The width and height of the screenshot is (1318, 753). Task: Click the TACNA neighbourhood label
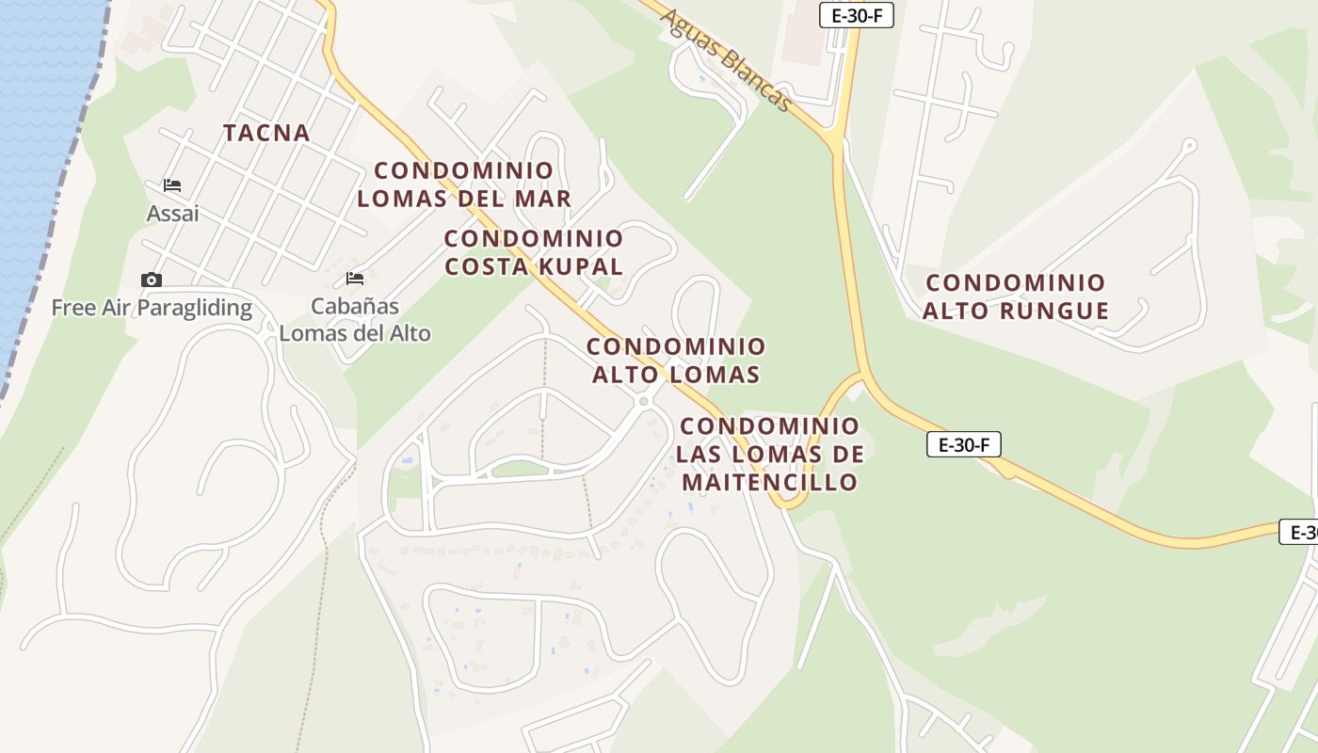(x=266, y=133)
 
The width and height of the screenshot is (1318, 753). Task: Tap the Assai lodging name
(x=173, y=214)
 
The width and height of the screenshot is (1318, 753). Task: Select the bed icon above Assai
(x=172, y=184)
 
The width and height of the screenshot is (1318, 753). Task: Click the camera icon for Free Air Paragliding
(x=151, y=280)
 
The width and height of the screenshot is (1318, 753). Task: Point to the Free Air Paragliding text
(x=152, y=308)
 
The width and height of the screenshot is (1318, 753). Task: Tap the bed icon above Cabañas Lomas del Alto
(x=355, y=279)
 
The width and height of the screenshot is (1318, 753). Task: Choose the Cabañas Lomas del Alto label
(x=355, y=320)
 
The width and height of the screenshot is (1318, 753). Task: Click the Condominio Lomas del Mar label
(x=464, y=184)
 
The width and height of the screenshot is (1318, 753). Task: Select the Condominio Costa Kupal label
(x=534, y=252)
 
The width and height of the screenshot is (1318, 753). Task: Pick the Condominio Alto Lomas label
(x=676, y=360)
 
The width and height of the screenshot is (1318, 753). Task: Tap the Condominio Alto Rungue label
(x=1016, y=296)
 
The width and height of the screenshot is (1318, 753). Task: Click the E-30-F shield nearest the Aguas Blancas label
(x=856, y=15)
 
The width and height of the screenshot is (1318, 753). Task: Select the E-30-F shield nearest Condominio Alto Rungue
(x=963, y=444)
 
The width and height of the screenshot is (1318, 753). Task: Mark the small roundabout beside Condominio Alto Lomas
(x=644, y=402)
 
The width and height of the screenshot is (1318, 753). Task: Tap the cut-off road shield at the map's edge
(x=1299, y=532)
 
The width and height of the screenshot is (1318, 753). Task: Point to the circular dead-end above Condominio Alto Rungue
(x=1189, y=146)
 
